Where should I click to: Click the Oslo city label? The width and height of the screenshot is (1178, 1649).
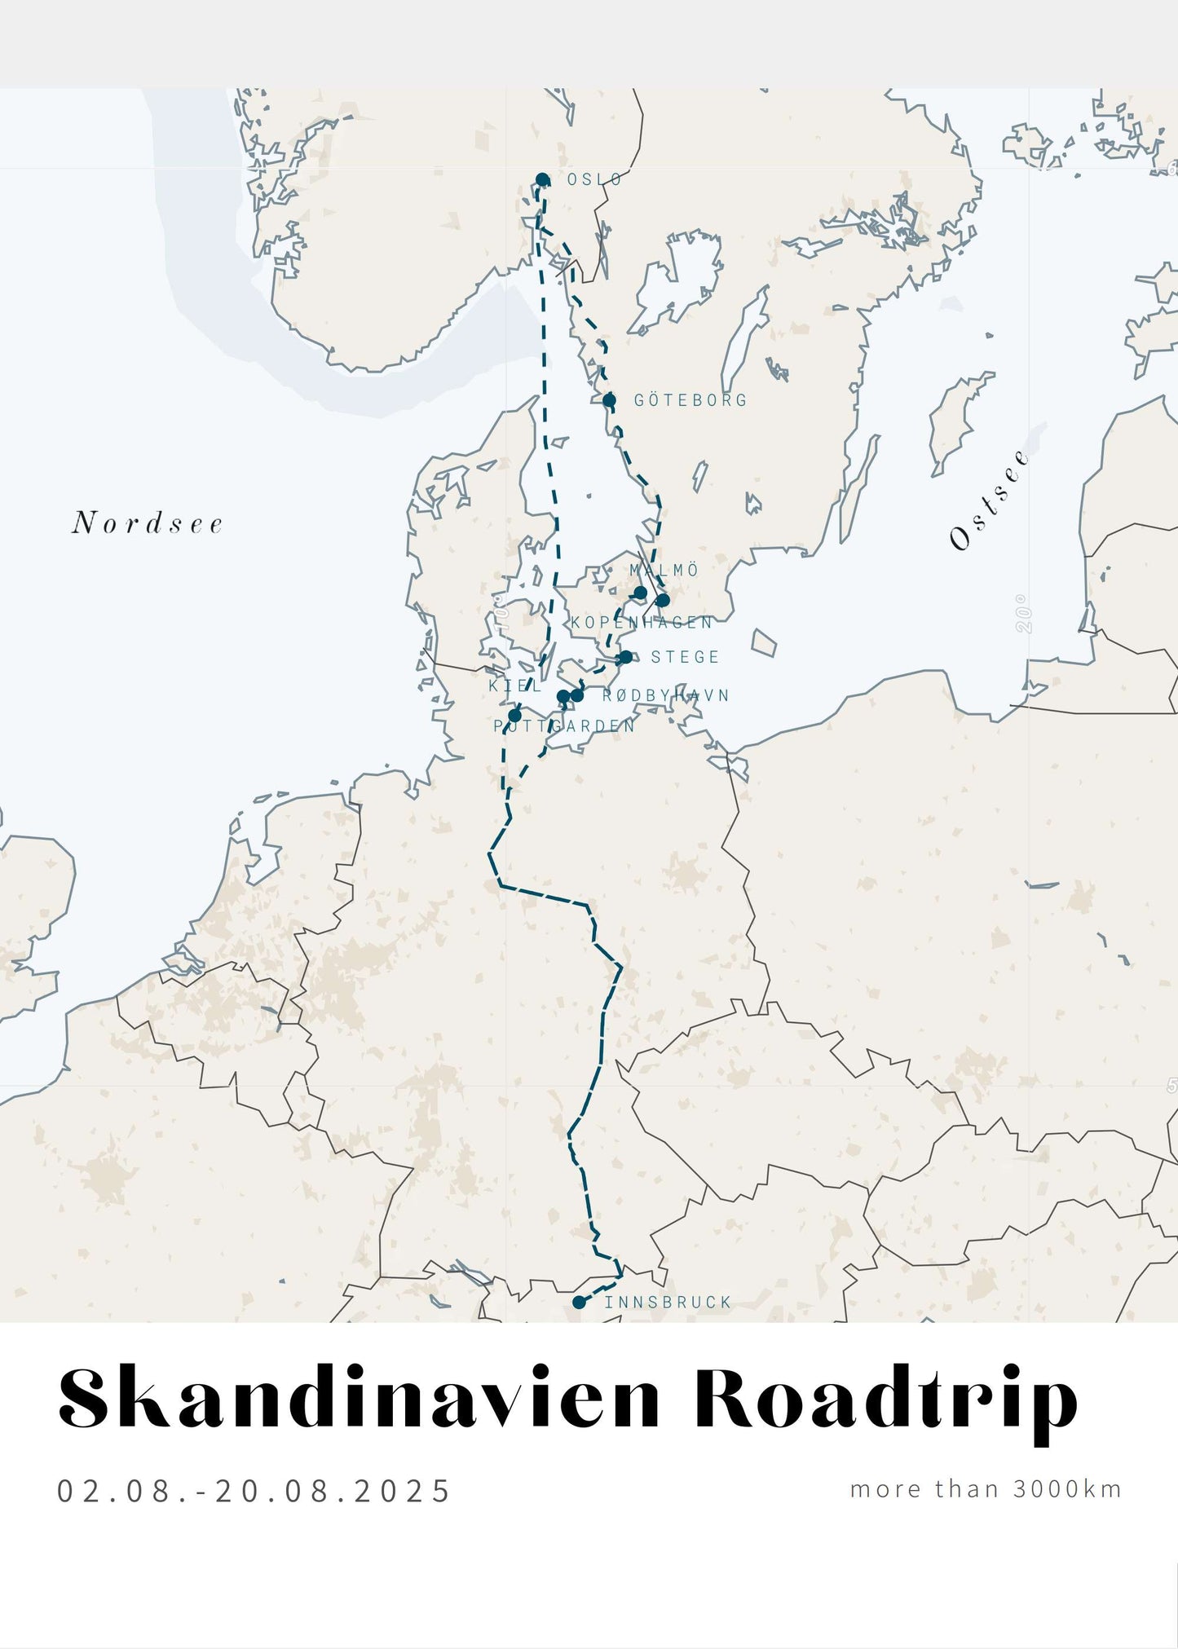(x=594, y=179)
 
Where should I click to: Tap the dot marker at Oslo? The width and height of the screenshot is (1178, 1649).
(x=542, y=179)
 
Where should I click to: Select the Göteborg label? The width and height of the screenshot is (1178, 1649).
(x=690, y=400)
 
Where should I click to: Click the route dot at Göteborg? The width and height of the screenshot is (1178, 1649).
(x=609, y=399)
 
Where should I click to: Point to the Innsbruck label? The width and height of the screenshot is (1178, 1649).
(x=668, y=1303)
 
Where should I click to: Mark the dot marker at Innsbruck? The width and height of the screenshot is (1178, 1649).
(x=579, y=1303)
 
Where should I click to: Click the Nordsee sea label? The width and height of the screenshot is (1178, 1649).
(x=148, y=523)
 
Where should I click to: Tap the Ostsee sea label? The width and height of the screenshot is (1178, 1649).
(x=989, y=500)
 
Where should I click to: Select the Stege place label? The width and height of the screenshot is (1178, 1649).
(x=685, y=657)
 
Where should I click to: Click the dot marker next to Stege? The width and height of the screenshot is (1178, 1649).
(x=624, y=657)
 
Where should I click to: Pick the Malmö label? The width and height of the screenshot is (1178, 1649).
(x=664, y=570)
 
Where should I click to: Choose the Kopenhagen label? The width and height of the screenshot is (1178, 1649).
(x=642, y=623)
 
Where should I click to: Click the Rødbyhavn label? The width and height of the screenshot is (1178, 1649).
(x=665, y=695)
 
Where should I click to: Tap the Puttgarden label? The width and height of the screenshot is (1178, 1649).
(x=564, y=725)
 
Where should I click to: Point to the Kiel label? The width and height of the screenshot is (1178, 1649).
(x=515, y=686)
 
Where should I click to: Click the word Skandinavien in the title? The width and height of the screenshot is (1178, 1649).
(x=359, y=1399)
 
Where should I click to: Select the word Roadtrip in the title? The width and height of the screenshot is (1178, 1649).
(x=886, y=1399)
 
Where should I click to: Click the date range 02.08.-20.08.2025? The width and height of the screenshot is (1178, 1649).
(x=254, y=1491)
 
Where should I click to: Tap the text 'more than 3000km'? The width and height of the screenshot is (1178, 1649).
(x=986, y=1489)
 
